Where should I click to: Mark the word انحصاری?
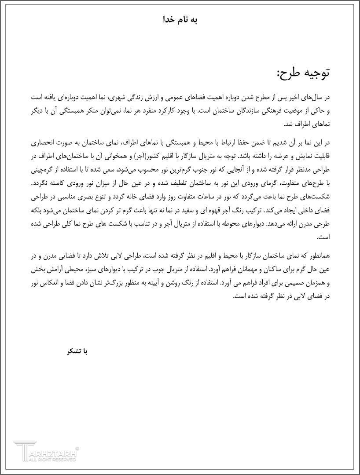pos(44,143)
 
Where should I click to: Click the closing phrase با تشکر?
pos(77,351)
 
